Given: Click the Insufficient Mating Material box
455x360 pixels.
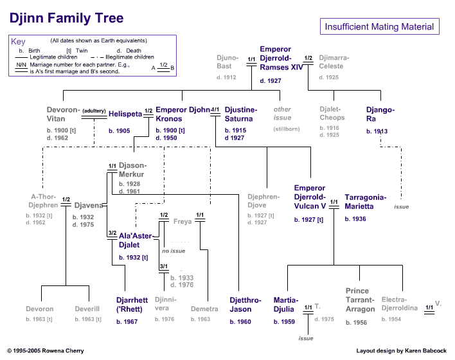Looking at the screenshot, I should pyautogui.click(x=380, y=27).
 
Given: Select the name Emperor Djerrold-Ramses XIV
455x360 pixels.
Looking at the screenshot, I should pyautogui.click(x=281, y=58).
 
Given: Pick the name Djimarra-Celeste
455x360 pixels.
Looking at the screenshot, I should pyautogui.click(x=334, y=62).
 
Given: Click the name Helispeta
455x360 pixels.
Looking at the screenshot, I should pyautogui.click(x=124, y=114).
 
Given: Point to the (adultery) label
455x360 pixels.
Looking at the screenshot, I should pyautogui.click(x=94, y=111).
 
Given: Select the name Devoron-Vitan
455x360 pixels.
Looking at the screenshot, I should pyautogui.click(x=63, y=114).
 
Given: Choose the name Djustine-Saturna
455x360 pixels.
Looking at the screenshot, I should pyautogui.click(x=240, y=114).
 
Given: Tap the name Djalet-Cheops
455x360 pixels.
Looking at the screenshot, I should pyautogui.click(x=332, y=113).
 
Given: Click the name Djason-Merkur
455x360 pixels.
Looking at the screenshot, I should pyautogui.click(x=132, y=170).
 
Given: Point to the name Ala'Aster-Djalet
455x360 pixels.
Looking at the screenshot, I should pyautogui.click(x=136, y=240).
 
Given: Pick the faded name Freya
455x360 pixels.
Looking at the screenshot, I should pyautogui.click(x=183, y=222).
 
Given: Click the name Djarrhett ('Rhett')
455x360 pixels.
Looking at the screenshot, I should pyautogui.click(x=132, y=305).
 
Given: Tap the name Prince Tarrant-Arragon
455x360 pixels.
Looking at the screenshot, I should pyautogui.click(x=360, y=300).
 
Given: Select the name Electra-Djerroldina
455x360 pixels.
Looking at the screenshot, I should pyautogui.click(x=399, y=303).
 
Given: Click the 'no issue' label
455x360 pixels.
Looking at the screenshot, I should pyautogui.click(x=174, y=251).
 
